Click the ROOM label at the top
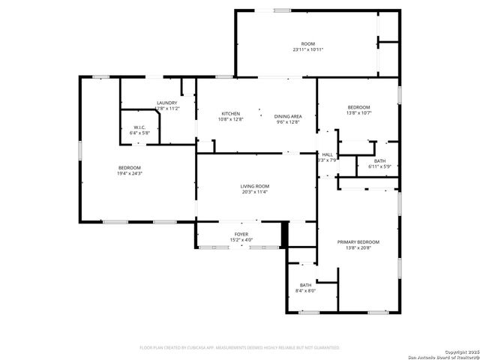(x=308, y=44)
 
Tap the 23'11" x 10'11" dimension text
(x=308, y=49)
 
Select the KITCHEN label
(x=230, y=114)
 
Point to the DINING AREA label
(x=288, y=116)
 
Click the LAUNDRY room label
(x=166, y=103)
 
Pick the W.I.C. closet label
(x=140, y=127)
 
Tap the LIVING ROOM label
(x=255, y=186)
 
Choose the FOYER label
(x=241, y=235)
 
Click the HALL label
(x=327, y=154)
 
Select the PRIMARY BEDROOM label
(x=358, y=241)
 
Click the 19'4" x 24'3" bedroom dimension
(x=129, y=173)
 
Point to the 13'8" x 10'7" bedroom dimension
(x=359, y=113)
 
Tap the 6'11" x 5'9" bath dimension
(x=379, y=166)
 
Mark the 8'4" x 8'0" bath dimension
(x=306, y=291)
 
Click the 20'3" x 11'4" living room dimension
(x=255, y=192)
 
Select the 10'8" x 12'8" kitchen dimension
(x=230, y=119)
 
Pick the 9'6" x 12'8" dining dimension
(x=288, y=121)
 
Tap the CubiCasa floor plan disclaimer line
(x=240, y=348)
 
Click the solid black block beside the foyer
(x=284, y=235)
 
